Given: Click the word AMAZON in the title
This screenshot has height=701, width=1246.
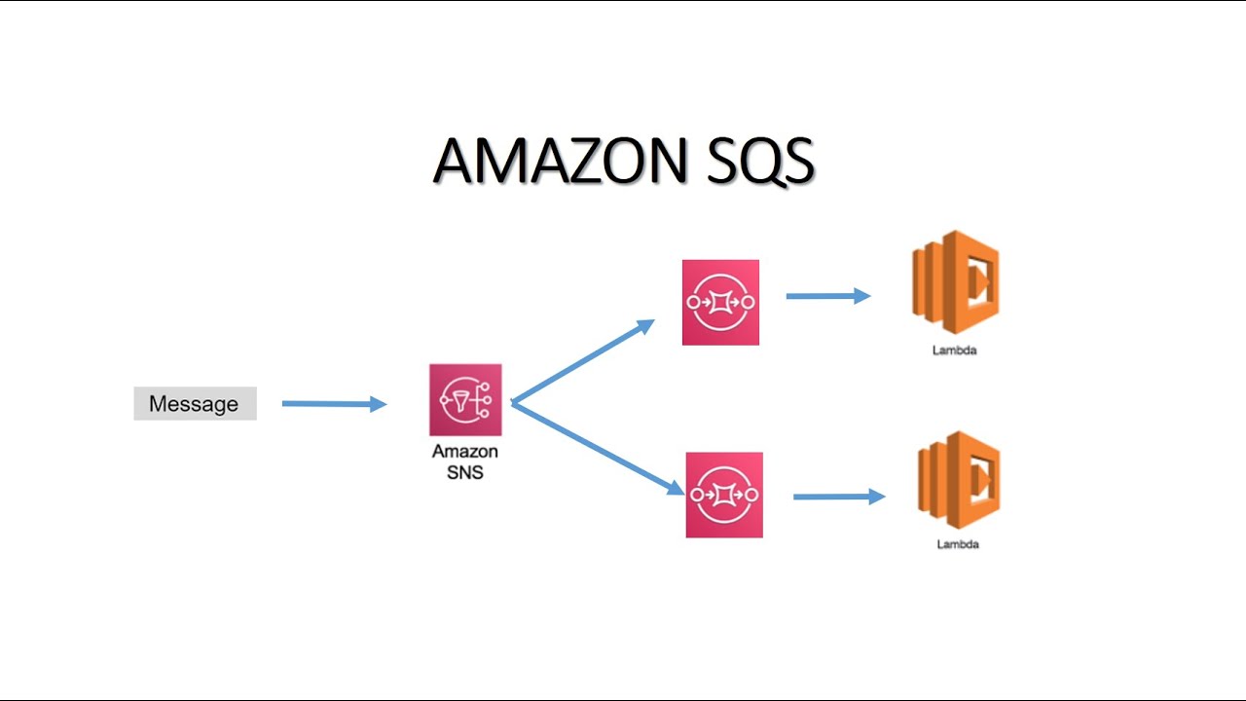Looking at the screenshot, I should click(559, 161).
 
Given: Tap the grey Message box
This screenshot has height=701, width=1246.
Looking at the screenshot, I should click(195, 403).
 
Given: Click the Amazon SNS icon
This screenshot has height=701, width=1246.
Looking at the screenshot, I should click(465, 400).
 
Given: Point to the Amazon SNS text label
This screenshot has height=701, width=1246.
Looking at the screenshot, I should click(465, 461).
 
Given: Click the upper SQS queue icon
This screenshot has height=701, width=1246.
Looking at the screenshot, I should click(720, 302).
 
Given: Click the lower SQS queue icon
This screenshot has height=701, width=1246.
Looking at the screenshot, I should click(724, 495).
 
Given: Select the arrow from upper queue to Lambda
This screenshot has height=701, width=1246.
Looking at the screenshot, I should click(827, 296).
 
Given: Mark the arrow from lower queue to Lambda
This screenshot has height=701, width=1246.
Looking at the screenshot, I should click(838, 497).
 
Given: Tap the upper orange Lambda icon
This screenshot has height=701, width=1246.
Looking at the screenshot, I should click(955, 282).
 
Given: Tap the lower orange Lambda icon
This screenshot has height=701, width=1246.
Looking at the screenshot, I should click(959, 480).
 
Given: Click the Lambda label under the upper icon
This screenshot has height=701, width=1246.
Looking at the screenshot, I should click(954, 350).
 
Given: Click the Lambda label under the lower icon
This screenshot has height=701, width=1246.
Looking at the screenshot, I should click(958, 544).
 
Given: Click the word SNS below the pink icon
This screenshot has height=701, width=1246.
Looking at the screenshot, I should click(465, 472).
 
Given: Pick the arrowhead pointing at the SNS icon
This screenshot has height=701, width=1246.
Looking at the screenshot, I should click(379, 404).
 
